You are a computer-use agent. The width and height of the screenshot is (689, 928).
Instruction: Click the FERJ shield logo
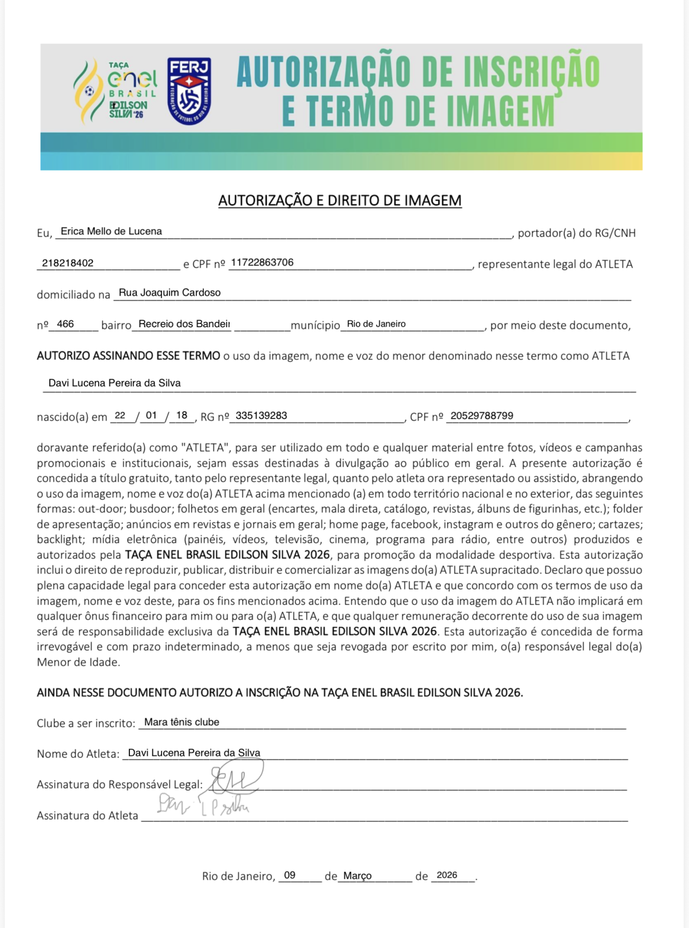pos(189,91)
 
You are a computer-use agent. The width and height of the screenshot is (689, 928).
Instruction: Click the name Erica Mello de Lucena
pos(111,231)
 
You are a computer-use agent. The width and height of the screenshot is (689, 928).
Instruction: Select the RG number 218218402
pos(68,263)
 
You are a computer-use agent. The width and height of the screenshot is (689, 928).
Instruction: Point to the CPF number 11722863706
pos(262,262)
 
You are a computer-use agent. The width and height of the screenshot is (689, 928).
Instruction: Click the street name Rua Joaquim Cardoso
pos(170,292)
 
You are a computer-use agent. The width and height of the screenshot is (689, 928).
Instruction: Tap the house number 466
pos(65,324)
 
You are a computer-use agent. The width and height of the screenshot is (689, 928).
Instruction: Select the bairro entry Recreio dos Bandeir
pos(184,324)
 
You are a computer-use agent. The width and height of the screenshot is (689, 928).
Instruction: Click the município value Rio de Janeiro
pos(376,324)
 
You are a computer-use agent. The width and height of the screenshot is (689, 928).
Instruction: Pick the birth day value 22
pos(120,416)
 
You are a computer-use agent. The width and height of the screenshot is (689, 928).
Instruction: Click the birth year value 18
pos(181,416)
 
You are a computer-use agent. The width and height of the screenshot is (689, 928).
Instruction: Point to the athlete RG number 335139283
pos(261,416)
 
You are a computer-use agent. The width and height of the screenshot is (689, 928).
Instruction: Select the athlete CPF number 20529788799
pos(482,416)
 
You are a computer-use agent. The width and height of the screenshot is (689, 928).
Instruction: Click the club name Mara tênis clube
pos(181,722)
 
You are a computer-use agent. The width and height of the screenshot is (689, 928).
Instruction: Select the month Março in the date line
pos(357,875)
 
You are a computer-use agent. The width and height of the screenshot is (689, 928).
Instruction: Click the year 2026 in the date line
pos(447,875)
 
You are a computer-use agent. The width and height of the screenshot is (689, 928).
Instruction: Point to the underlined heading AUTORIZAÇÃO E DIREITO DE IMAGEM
pos(340,201)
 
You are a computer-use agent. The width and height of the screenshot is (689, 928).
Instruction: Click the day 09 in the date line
pos(290,875)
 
